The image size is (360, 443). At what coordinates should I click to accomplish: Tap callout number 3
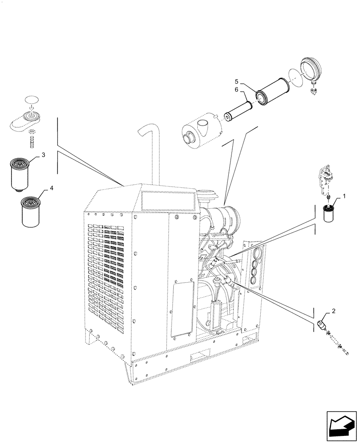pos(43,155)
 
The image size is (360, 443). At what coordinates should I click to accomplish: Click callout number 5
pos(236,82)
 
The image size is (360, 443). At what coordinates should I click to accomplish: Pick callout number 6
pos(236,89)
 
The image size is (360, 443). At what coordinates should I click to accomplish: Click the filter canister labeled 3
pos(20,175)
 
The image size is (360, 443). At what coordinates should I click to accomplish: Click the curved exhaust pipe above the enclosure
pos(152,151)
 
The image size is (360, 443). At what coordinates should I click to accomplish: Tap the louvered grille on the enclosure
pos(109,270)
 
